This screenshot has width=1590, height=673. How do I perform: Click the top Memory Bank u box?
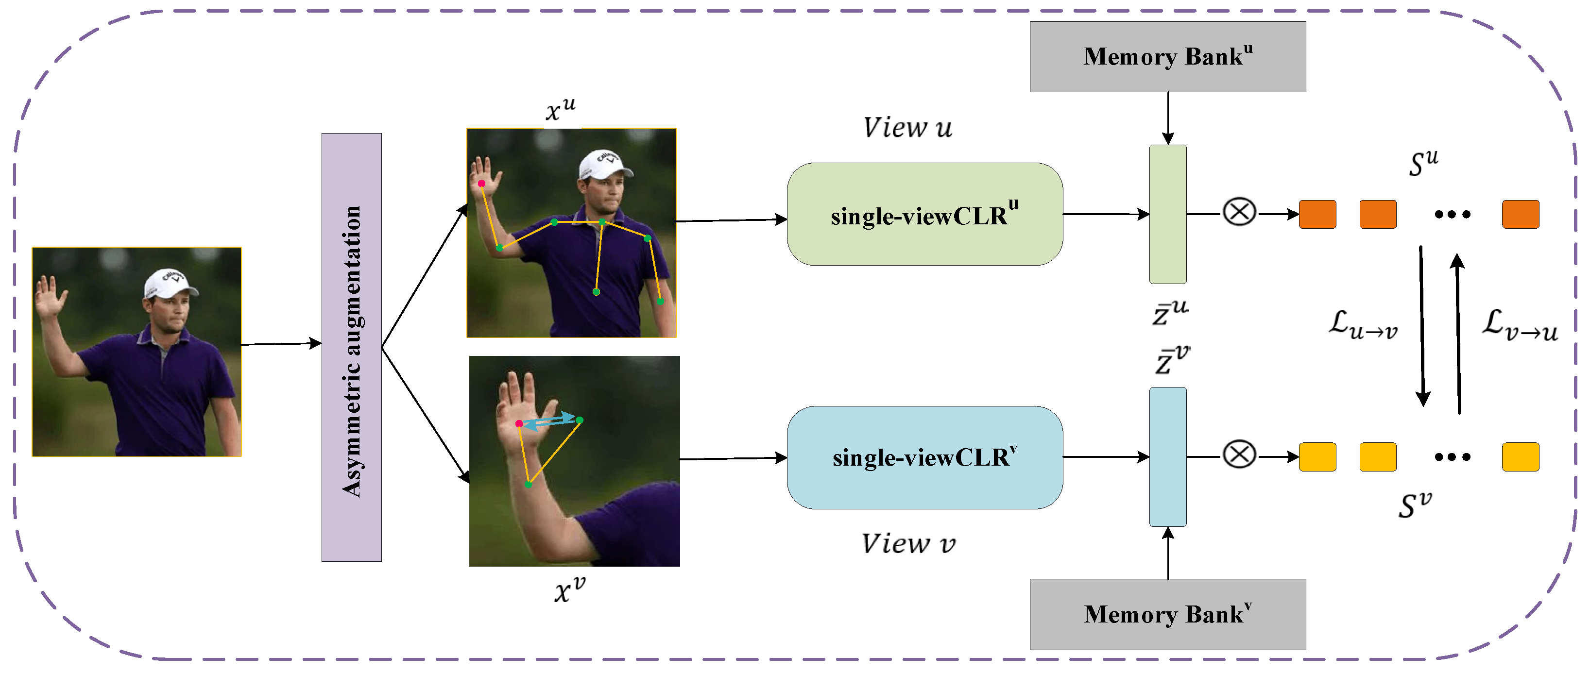(x=1167, y=57)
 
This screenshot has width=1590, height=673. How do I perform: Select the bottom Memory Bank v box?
(x=1167, y=614)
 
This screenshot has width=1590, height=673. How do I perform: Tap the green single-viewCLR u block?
(x=924, y=214)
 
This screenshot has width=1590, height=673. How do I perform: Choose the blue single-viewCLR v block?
(x=924, y=457)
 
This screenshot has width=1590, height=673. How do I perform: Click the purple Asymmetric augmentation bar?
(x=351, y=347)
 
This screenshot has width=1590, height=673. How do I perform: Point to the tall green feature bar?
(x=1167, y=214)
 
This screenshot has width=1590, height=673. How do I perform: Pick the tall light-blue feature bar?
(x=1167, y=456)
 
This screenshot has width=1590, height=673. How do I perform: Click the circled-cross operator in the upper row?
(x=1239, y=212)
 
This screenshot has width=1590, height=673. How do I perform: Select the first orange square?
(x=1317, y=214)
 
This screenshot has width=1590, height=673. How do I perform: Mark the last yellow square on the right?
(x=1520, y=456)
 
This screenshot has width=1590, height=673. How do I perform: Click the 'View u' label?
(x=907, y=128)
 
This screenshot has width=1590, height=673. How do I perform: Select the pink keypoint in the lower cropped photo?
(x=519, y=423)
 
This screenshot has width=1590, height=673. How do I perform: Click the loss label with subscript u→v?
(x=1362, y=324)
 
